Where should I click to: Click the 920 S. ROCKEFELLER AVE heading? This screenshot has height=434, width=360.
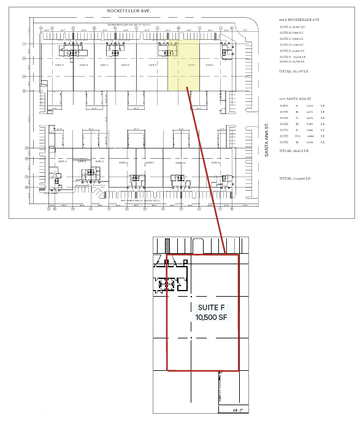pos(300,20)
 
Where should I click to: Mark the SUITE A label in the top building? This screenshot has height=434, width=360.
pos(59,64)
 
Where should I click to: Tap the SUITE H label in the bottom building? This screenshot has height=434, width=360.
pos(216,163)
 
